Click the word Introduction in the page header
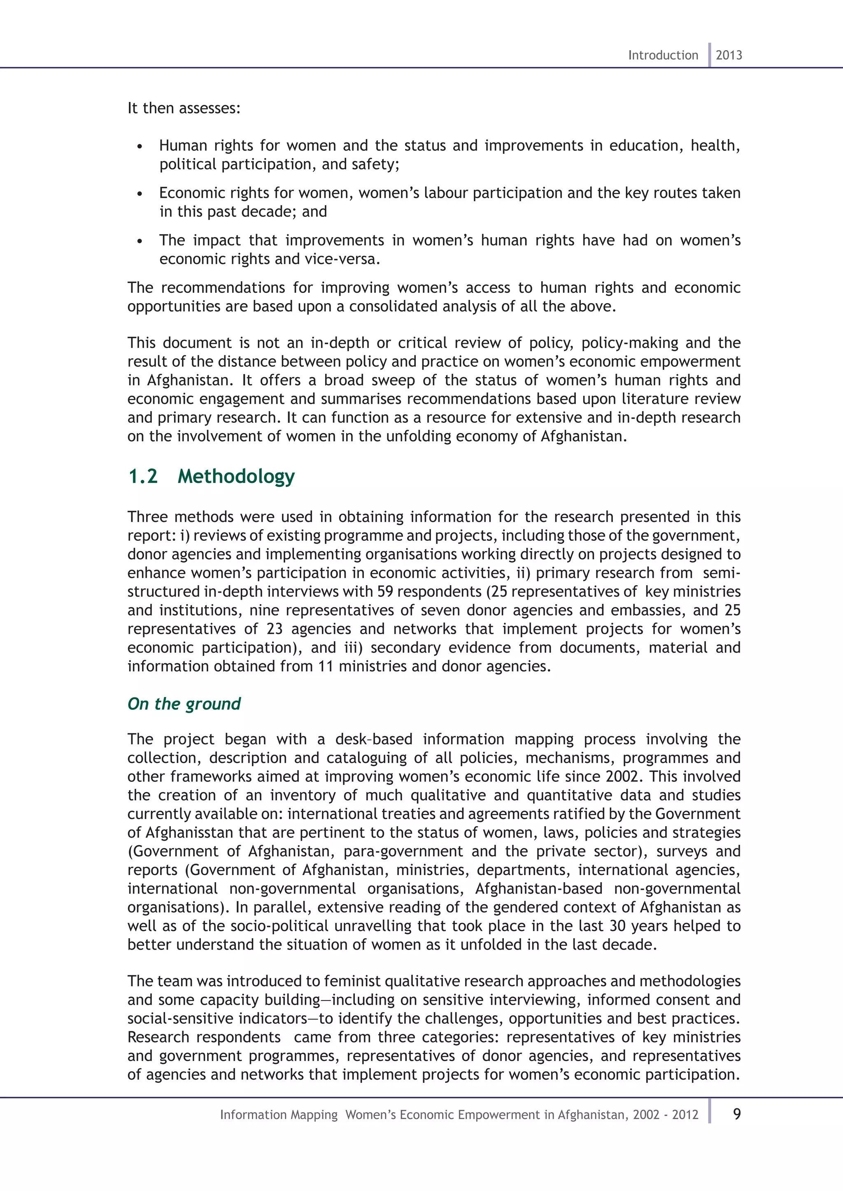click(x=663, y=55)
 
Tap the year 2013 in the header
click(x=729, y=55)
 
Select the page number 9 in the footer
click(x=736, y=1114)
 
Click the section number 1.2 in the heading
click(x=143, y=476)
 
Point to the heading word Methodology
click(x=236, y=476)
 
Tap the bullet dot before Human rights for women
click(x=140, y=147)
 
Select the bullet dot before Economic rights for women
click(x=140, y=195)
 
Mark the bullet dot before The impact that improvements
click(x=140, y=242)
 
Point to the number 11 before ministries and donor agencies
click(x=326, y=666)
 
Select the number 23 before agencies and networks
click(x=274, y=629)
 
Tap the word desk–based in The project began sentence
click(x=374, y=739)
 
